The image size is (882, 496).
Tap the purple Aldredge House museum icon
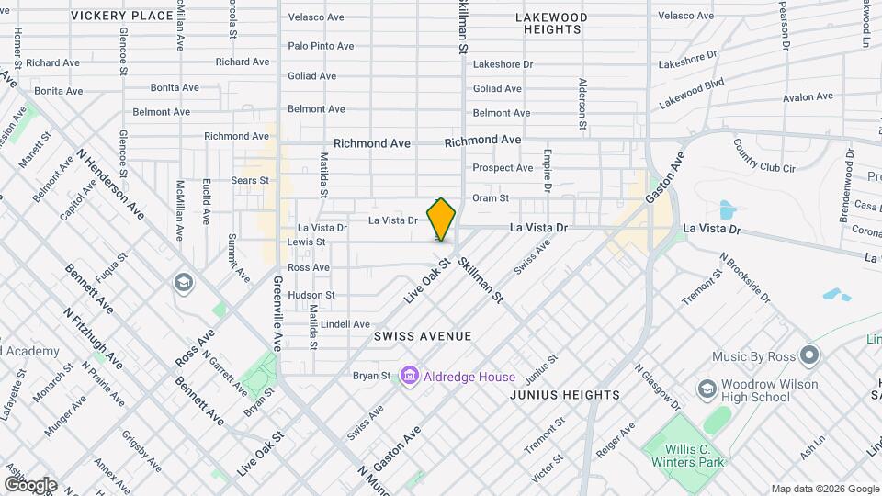(410, 377)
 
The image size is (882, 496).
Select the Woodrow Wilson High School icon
(707, 389)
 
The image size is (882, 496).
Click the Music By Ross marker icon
(808, 355)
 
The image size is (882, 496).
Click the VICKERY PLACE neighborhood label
(121, 16)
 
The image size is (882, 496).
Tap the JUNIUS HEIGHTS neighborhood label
(565, 395)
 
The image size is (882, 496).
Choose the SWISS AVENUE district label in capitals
(423, 337)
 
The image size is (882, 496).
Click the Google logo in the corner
(30, 484)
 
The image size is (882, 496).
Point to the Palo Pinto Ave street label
(321, 46)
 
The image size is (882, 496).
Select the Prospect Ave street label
(503, 168)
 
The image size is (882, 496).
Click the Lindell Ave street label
(345, 324)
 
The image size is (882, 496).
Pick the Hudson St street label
(311, 295)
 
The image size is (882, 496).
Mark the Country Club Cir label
(764, 154)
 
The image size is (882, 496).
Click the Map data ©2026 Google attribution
(825, 489)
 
